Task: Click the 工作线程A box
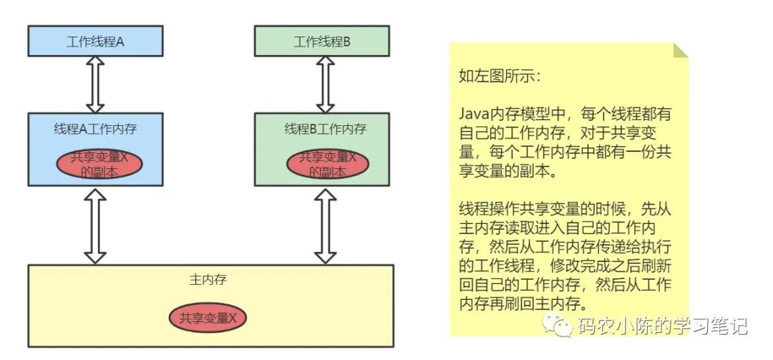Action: (x=95, y=42)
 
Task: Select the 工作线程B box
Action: (x=322, y=42)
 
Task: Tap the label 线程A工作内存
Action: (x=95, y=130)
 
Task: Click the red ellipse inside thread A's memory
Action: (x=99, y=165)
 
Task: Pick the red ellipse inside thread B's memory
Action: (x=327, y=165)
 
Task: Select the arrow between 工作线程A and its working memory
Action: (x=94, y=84)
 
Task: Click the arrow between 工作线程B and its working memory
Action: (x=326, y=84)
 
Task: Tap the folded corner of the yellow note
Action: (x=680, y=50)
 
